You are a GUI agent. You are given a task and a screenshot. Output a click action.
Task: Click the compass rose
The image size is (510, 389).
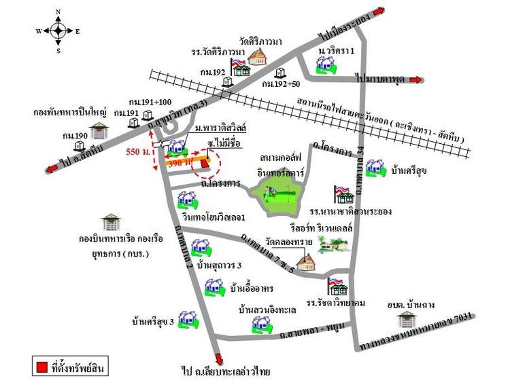[58, 31]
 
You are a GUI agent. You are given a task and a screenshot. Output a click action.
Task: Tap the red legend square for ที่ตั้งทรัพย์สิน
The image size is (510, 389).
[41, 367]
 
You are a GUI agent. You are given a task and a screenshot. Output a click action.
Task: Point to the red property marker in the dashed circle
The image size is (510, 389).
[204, 164]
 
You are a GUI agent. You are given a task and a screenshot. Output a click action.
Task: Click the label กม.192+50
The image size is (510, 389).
[282, 84]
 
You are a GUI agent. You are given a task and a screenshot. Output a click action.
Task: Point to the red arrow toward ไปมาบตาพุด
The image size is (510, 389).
[415, 79]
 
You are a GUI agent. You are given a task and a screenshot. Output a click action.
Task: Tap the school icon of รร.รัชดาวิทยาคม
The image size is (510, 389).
[336, 285]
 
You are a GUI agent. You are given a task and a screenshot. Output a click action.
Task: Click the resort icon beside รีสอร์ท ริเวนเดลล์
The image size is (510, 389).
[333, 244]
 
